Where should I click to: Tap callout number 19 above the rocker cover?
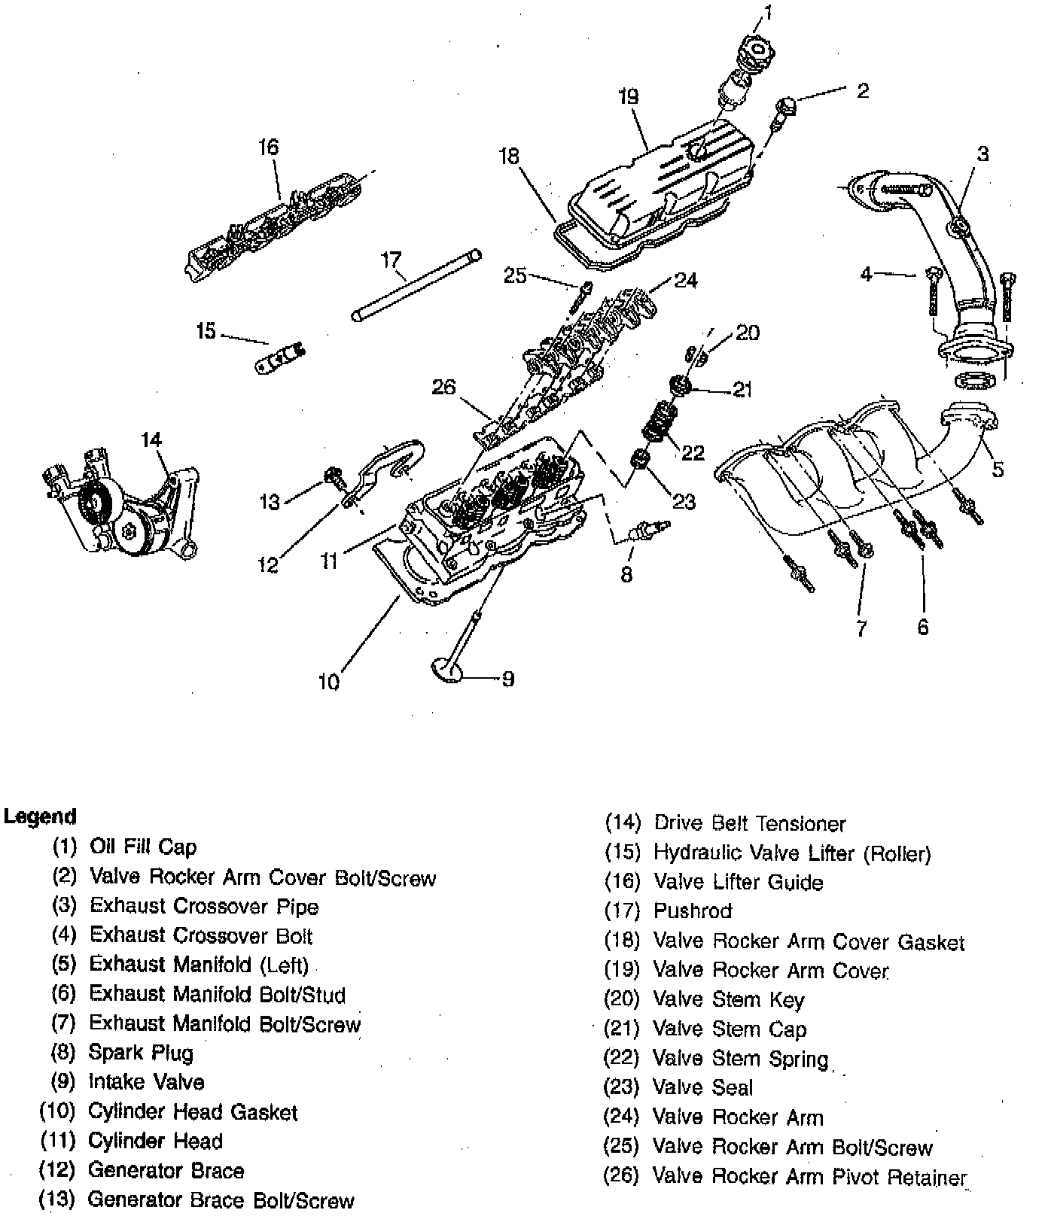tap(628, 96)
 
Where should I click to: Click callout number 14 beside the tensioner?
tap(151, 439)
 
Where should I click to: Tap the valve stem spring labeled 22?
tap(660, 422)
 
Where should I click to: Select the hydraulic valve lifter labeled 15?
tap(279, 356)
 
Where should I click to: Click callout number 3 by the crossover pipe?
tap(983, 154)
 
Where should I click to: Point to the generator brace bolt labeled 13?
tap(332, 476)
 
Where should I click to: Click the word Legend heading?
tap(40, 816)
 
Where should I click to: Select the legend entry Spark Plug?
tap(141, 1053)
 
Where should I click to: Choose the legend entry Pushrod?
tap(693, 911)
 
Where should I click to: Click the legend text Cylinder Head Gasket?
tap(193, 1112)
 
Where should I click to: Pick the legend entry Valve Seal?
tap(702, 1087)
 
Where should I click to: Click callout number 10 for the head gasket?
tap(329, 682)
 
